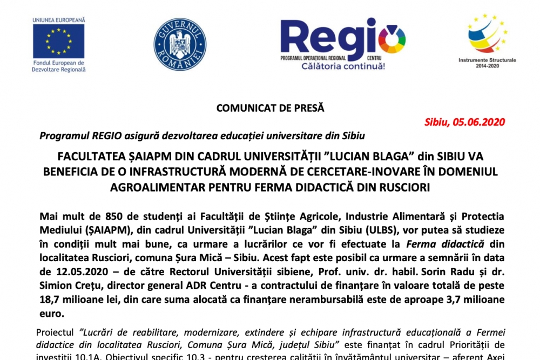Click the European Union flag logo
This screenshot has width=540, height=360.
coord(58,41)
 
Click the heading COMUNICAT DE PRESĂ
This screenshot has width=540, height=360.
coord(270,107)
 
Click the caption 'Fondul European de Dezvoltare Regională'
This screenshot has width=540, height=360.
coord(58,66)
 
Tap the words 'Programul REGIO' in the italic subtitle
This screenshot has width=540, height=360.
coord(72,135)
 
